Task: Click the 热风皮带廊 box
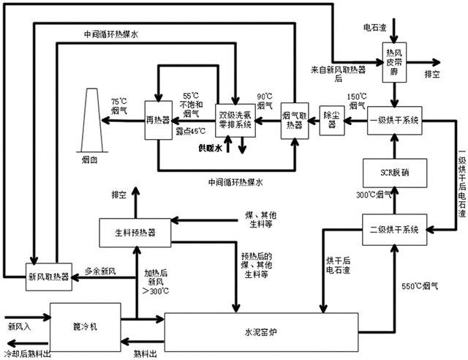394,63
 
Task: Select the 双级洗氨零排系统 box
235,119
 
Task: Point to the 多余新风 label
101,270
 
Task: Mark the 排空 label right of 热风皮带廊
433,74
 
